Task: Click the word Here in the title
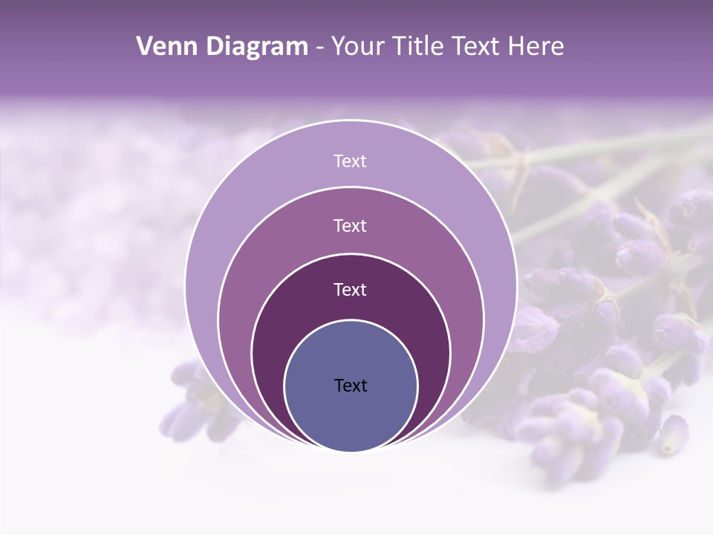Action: tap(536, 47)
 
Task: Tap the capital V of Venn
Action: tap(145, 47)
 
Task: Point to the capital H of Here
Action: tap(517, 47)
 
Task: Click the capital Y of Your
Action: tap(338, 47)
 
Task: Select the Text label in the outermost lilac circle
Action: tap(351, 161)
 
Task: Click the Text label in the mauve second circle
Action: tap(351, 225)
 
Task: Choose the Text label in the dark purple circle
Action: tap(351, 289)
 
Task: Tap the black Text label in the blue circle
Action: tap(351, 385)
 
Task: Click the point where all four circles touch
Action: tap(351, 451)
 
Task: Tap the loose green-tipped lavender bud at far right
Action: tap(674, 435)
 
